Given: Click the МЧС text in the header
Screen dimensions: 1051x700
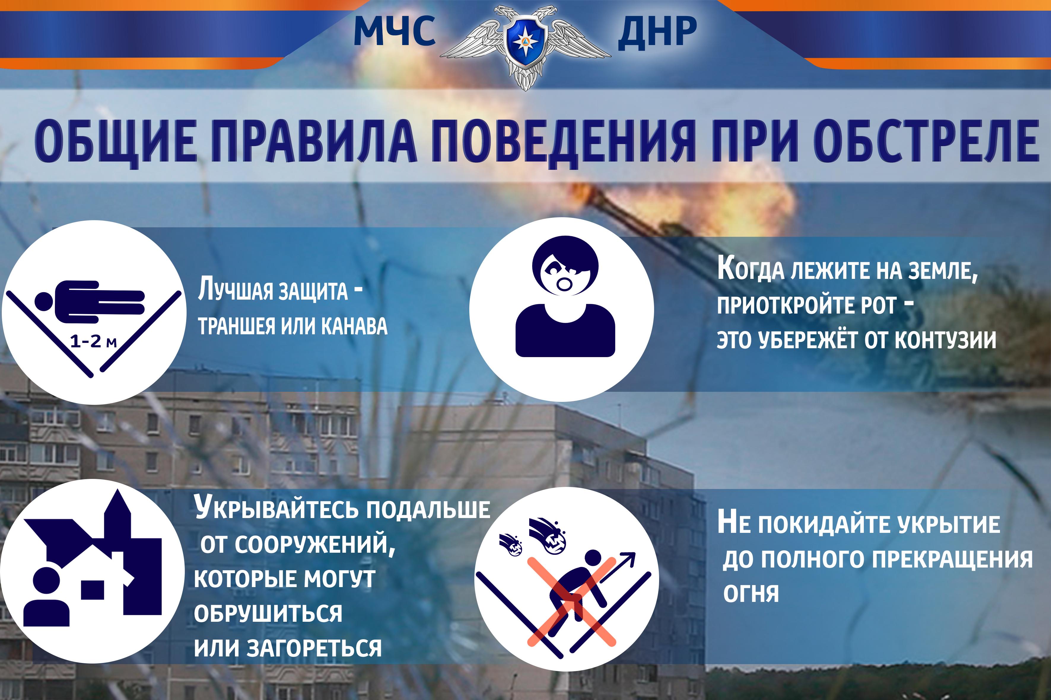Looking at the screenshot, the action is point(395,31).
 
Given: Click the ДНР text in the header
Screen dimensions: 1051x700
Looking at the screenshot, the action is point(657,31).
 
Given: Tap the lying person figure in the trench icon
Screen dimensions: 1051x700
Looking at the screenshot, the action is point(89,302).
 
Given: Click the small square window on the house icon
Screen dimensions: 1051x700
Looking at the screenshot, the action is point(93,590).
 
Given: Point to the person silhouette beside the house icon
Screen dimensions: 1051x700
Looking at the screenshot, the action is point(46,596).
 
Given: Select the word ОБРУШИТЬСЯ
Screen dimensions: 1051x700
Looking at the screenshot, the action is point(268,613).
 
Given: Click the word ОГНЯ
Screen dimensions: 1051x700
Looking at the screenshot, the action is point(751,593).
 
